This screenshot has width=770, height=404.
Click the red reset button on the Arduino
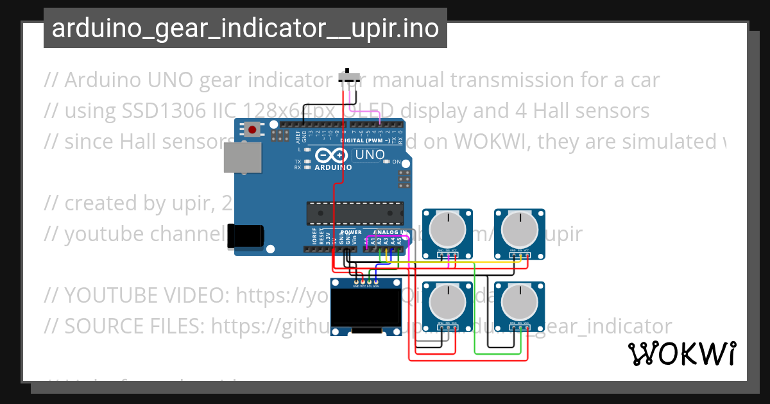coord(252,130)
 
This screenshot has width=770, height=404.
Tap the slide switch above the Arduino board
coord(348,77)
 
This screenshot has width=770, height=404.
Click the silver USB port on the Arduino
coord(242,157)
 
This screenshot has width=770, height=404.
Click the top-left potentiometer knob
coord(447,228)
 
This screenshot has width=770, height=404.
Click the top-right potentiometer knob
coord(519,228)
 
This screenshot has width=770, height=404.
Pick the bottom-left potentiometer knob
coord(447,301)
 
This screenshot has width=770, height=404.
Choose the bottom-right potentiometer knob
coord(519,301)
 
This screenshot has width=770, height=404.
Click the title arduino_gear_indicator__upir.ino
coord(245,28)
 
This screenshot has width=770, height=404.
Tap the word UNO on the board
coord(370,155)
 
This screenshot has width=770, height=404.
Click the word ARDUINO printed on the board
coord(332,168)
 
